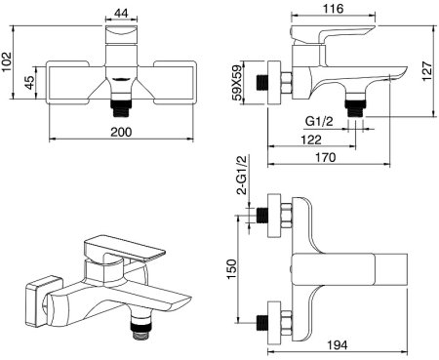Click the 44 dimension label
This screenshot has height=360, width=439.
(x=121, y=13)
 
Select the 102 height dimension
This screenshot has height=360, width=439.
(x=7, y=61)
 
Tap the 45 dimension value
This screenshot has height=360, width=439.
(x=29, y=83)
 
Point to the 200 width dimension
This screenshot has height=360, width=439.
(x=121, y=132)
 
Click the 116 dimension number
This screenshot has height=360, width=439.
(x=334, y=8)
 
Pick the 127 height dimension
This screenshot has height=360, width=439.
(x=426, y=71)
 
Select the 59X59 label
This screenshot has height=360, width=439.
(x=237, y=83)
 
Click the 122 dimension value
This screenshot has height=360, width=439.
(x=311, y=140)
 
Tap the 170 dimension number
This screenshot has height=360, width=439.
(x=325, y=157)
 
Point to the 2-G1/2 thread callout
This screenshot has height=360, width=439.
(x=243, y=175)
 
